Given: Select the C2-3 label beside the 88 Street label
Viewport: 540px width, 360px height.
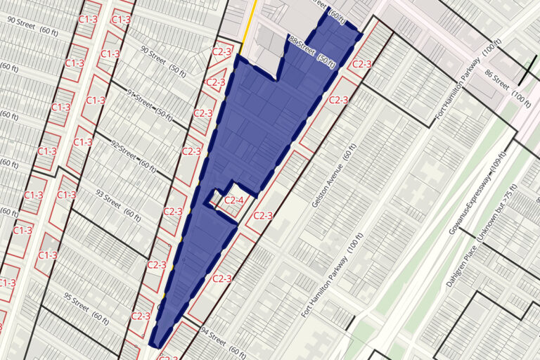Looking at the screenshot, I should tap(361, 65).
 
